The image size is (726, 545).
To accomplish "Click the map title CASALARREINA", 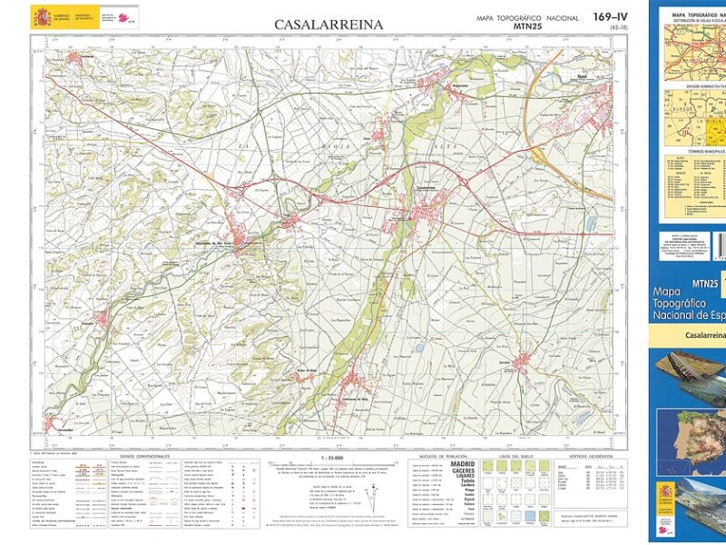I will [316, 25].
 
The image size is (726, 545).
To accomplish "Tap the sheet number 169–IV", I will [610, 16].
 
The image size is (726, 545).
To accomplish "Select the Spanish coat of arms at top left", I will [41, 16].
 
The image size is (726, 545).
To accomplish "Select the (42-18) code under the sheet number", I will [618, 28].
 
